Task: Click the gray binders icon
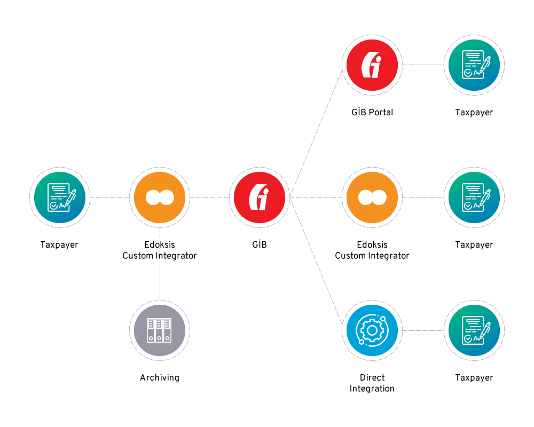coord(160,330)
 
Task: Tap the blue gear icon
coord(372,330)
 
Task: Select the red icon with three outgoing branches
coord(259,197)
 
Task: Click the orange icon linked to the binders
coord(160,197)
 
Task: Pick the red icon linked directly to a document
coord(372,65)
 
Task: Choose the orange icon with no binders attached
coord(372,197)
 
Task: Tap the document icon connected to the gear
coord(474,330)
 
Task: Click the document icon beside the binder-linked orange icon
coord(59,197)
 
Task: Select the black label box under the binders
coord(160,378)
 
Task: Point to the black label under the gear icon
coord(372,383)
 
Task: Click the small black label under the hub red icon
coord(259,245)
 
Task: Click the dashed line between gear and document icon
coord(423,330)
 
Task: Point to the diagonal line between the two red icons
coord(316,131)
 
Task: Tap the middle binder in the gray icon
coord(159,330)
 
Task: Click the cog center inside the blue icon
coord(372,330)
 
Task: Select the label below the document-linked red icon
coord(372,113)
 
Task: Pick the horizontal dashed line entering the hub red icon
coord(209,197)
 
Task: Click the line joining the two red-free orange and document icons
coord(423,197)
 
